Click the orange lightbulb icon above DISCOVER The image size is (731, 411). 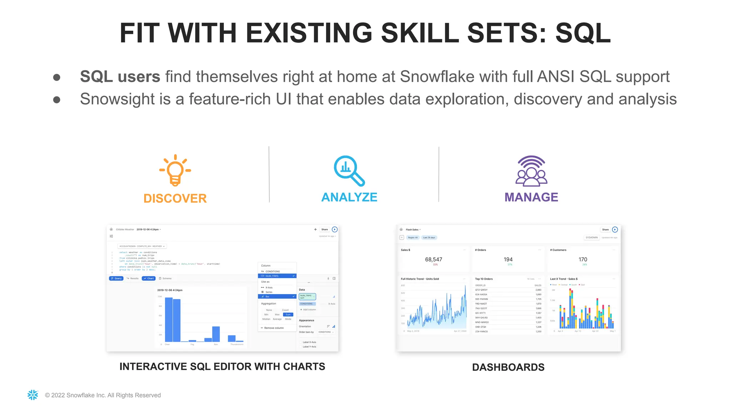click(x=175, y=170)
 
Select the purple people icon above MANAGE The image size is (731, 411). click(x=531, y=171)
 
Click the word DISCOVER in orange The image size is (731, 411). click(x=175, y=198)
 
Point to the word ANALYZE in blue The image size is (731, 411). click(x=349, y=197)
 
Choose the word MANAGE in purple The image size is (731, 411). click(x=531, y=197)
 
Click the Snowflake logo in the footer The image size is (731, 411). click(x=33, y=395)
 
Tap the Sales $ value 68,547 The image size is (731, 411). click(x=433, y=259)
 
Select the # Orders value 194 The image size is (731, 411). click(x=508, y=259)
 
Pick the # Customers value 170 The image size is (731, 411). click(x=583, y=259)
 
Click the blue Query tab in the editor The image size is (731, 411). click(x=116, y=278)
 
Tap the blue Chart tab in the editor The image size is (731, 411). click(x=148, y=278)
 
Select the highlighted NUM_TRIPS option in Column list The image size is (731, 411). click(x=277, y=276)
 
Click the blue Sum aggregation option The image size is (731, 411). click(x=288, y=314)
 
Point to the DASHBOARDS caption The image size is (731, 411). click(x=508, y=367)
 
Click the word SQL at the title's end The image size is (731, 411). click(x=583, y=33)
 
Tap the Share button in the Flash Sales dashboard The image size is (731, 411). click(x=605, y=229)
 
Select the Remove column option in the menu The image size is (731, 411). click(x=273, y=328)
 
